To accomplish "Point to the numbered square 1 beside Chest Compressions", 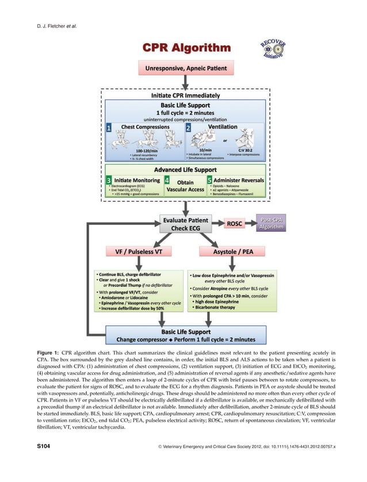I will tap(109, 128).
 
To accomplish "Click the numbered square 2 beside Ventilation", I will tap(188, 128).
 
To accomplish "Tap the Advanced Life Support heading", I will tap(185, 170).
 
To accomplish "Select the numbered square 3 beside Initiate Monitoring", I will tap(109, 180).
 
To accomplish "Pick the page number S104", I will tap(29, 461).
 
